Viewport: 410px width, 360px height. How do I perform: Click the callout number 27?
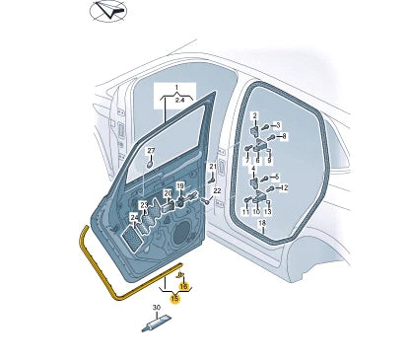point(151,151)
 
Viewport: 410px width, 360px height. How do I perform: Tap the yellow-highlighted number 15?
point(175,299)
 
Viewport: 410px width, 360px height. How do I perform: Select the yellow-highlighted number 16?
point(183,286)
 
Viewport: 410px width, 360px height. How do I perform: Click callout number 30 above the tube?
point(157,308)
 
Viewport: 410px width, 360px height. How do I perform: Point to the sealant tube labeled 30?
point(157,324)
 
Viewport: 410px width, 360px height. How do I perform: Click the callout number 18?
point(262,223)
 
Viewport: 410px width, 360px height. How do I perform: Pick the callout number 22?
point(217,191)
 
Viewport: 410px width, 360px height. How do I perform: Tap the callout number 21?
point(213,167)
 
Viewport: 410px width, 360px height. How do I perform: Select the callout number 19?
point(180,186)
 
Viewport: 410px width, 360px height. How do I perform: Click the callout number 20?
point(168,193)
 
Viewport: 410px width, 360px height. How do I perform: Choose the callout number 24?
point(134,218)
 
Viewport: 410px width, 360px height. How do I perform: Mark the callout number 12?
point(284,187)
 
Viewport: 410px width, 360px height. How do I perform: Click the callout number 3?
point(278,125)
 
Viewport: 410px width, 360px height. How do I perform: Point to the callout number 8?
point(284,136)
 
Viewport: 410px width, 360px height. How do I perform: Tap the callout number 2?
point(255,115)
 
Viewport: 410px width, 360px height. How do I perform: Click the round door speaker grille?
point(181,234)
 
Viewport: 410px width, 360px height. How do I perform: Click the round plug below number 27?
point(150,164)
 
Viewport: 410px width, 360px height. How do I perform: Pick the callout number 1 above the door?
point(176,88)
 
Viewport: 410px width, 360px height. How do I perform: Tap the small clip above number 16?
point(180,274)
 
